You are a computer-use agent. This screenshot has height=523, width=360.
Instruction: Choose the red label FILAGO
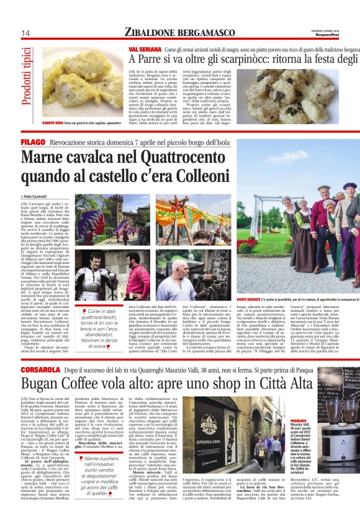tap(34, 142)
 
